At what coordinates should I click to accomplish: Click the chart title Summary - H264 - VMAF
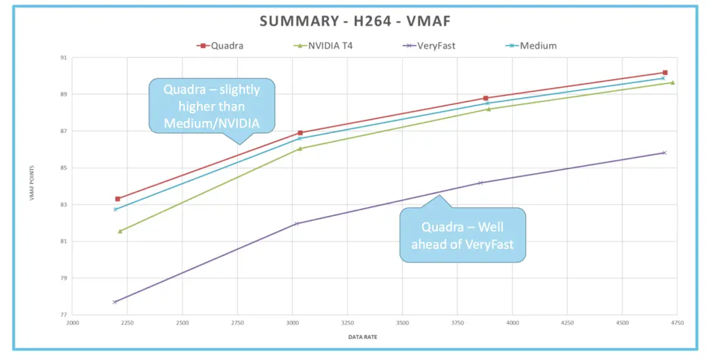point(355,21)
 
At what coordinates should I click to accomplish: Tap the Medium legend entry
point(538,45)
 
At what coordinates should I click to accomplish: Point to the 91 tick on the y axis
point(64,58)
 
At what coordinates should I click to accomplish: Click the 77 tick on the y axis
point(64,315)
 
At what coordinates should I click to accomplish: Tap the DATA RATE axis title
point(363,337)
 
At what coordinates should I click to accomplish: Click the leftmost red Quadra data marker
point(118,199)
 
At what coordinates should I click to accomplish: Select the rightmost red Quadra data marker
point(665,72)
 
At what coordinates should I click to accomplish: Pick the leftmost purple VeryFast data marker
point(115,302)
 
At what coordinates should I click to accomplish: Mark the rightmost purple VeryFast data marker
point(664,153)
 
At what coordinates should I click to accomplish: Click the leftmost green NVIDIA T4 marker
point(120,231)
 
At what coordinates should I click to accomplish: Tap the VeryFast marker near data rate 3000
point(297,224)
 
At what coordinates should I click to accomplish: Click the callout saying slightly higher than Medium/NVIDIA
point(212,107)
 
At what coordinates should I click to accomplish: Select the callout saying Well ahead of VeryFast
point(462,235)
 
